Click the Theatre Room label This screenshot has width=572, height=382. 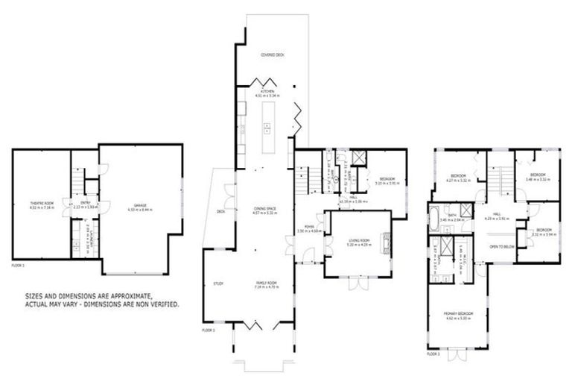(42, 203)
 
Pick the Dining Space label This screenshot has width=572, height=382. (266, 208)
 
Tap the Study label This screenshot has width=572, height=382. (218, 284)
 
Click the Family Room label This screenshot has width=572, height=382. (267, 284)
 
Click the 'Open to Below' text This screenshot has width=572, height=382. (500, 246)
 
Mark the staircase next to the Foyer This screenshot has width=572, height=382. (302, 181)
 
